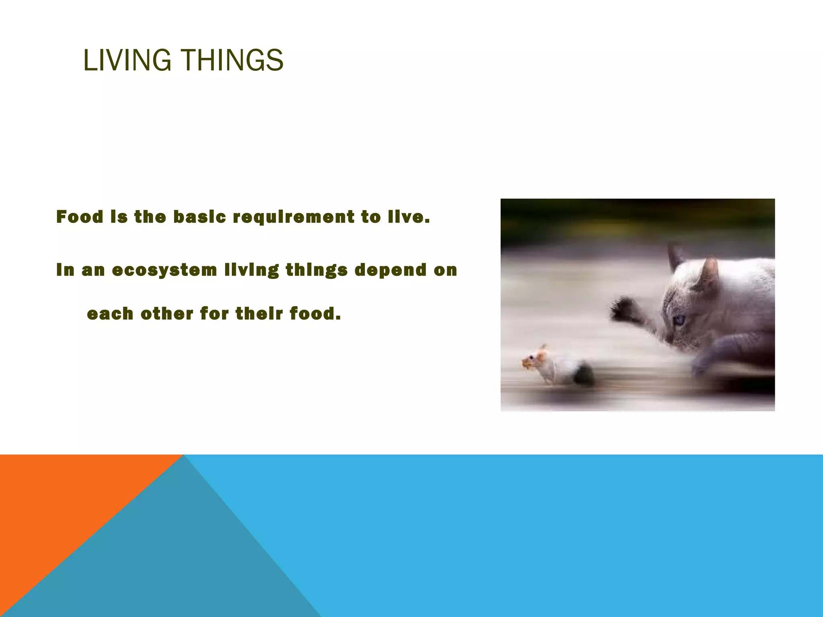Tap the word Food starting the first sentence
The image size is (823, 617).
pyautogui.click(x=80, y=217)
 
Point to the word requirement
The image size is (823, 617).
pyautogui.click(x=294, y=217)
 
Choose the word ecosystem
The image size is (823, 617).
pyautogui.click(x=164, y=270)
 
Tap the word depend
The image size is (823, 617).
pyautogui.click(x=390, y=270)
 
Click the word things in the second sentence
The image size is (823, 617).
pyautogui.click(x=317, y=270)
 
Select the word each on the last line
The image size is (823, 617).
pyautogui.click(x=110, y=314)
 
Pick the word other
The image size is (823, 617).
pyautogui.click(x=167, y=314)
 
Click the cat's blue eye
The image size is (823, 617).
pyautogui.click(x=679, y=320)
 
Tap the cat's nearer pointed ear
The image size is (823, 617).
pyautogui.click(x=708, y=273)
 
